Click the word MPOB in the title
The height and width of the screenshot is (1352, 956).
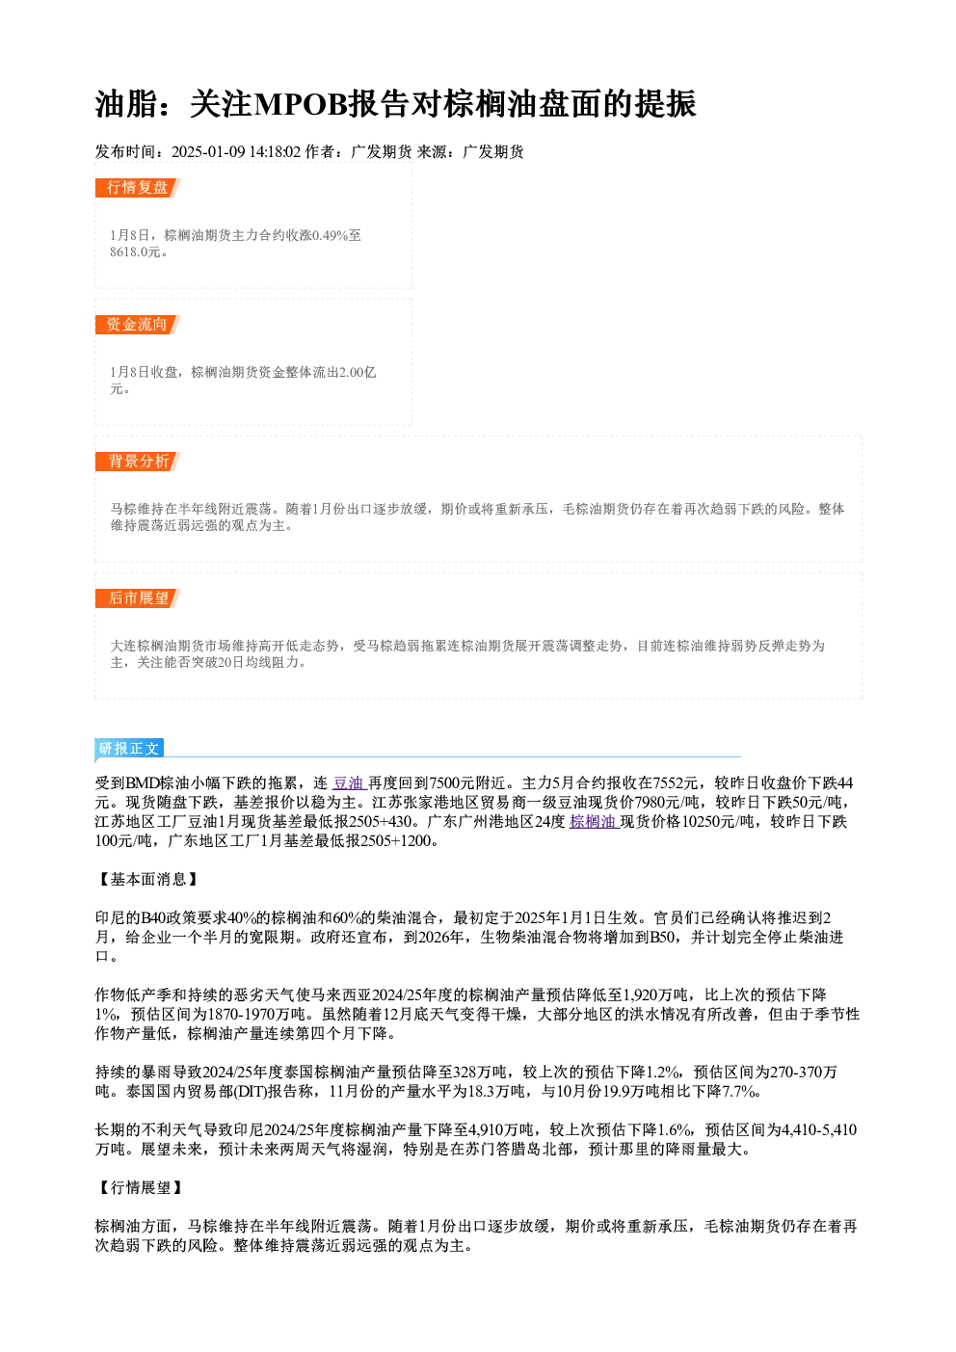(302, 104)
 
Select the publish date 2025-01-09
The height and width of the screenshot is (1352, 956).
(208, 151)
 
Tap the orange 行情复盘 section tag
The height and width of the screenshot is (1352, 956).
(137, 187)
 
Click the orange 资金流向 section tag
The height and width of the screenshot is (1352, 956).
(137, 324)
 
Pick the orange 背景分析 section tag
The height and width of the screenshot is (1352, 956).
(137, 462)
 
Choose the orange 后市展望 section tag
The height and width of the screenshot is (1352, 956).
(137, 598)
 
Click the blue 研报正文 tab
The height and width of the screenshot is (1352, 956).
(129, 749)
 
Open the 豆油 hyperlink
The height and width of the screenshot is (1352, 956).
(348, 782)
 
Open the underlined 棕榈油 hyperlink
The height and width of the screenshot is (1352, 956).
(593, 821)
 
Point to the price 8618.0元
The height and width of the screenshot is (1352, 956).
(135, 252)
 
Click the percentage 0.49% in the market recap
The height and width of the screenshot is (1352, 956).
(329, 235)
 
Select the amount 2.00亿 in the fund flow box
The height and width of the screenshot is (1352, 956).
(357, 372)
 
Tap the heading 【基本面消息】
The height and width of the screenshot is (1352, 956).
(147, 880)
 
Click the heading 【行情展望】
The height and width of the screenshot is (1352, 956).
(140, 1188)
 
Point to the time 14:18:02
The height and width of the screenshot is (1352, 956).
(276, 151)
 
